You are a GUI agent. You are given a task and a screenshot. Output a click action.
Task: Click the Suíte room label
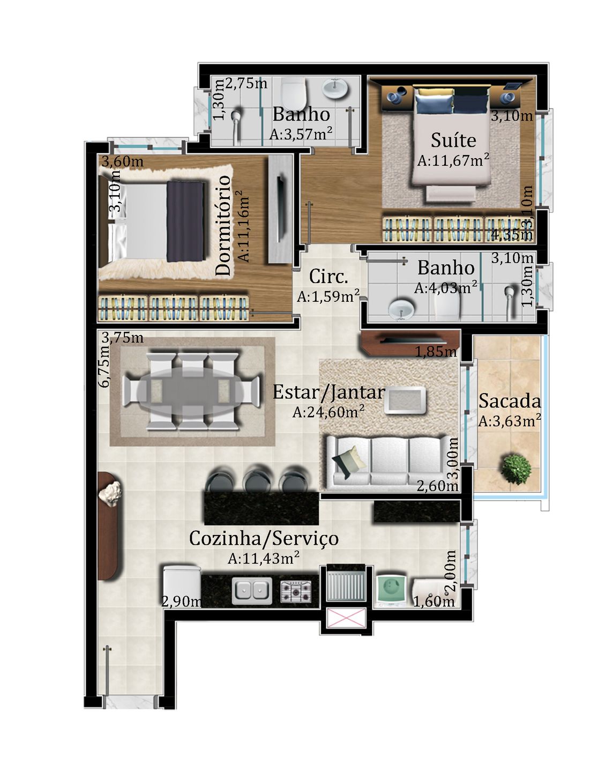click(453, 140)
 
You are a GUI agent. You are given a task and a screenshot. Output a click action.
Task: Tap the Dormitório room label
click(223, 225)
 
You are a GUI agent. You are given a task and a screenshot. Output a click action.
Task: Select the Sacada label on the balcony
click(510, 400)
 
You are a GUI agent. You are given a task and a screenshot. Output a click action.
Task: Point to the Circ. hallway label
click(328, 276)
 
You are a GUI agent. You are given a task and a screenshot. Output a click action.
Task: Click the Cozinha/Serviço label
click(264, 538)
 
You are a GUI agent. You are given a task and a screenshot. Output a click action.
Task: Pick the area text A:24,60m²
click(328, 412)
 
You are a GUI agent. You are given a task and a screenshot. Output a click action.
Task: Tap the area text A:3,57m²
click(301, 133)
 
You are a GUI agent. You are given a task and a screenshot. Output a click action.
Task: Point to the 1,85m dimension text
click(436, 352)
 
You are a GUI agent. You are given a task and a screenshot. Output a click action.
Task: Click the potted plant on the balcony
click(516, 469)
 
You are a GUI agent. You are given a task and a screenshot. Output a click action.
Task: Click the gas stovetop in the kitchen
click(296, 591)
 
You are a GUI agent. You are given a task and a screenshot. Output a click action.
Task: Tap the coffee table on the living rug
click(405, 400)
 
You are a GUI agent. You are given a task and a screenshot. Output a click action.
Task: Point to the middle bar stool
click(257, 478)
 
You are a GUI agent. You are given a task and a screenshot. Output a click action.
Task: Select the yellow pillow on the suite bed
click(434, 93)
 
